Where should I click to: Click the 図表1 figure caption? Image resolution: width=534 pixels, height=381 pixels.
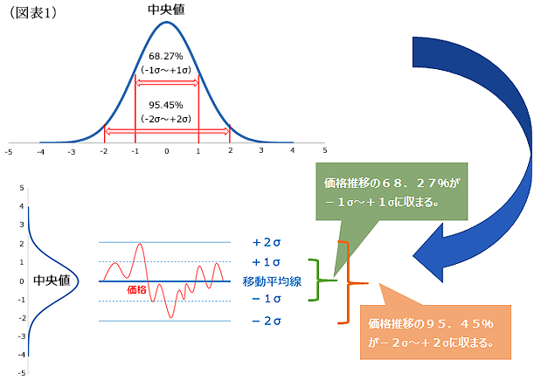[x=32, y=13]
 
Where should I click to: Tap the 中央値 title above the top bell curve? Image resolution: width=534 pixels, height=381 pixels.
[x=166, y=10]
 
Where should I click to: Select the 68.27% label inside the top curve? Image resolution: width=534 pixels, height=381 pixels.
[x=166, y=56]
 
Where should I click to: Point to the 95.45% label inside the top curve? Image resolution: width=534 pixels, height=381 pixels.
[x=166, y=105]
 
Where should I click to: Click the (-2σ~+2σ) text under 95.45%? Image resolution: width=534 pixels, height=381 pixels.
[x=166, y=119]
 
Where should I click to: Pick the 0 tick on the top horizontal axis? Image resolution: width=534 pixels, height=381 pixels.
[x=167, y=151]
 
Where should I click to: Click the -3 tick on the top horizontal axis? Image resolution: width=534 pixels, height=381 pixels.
[x=71, y=152]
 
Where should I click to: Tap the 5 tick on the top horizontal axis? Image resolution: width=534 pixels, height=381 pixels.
[x=325, y=150]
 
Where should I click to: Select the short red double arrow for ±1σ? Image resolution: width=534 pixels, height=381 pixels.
[x=167, y=82]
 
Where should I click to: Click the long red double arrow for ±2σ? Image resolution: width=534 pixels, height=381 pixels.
[x=167, y=131]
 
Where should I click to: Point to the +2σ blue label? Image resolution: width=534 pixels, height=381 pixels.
[x=267, y=242]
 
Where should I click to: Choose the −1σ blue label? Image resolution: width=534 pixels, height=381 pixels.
[x=267, y=299]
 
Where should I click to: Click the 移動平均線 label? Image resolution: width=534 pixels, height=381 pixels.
[x=272, y=281]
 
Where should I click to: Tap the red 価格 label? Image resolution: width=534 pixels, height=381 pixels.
[x=136, y=290]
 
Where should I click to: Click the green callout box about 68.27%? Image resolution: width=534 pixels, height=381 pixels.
[x=392, y=191]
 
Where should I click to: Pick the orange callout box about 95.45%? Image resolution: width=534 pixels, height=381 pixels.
[x=435, y=332]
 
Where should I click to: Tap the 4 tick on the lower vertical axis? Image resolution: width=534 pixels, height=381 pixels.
[x=22, y=206]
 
